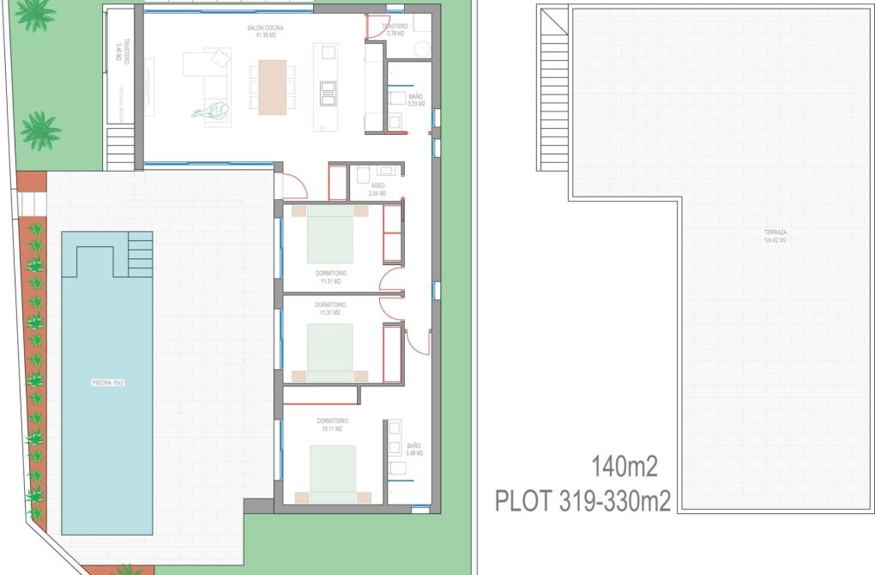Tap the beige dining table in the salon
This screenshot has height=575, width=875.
(x=272, y=86)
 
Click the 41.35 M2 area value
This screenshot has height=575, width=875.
(x=265, y=36)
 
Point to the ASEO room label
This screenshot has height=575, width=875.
(x=377, y=185)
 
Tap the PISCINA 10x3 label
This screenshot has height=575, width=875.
(x=107, y=383)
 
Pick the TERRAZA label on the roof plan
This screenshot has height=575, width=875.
(x=775, y=233)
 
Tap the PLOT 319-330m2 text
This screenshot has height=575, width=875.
(x=582, y=500)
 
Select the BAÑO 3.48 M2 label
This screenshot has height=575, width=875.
(x=414, y=450)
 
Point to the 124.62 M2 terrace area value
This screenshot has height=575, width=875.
(x=775, y=241)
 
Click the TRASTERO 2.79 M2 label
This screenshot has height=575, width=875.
(x=395, y=31)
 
